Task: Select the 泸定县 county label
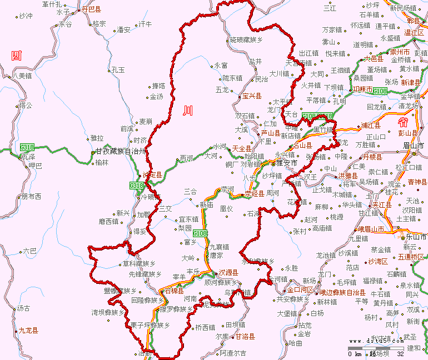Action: (x=152, y=175)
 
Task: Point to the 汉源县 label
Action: (x=228, y=273)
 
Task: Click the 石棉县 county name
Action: (x=174, y=291)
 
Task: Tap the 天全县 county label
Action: (x=242, y=148)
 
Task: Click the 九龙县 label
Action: (x=28, y=331)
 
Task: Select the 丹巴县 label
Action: (x=91, y=9)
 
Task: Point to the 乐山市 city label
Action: (x=416, y=237)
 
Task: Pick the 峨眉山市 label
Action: (x=370, y=229)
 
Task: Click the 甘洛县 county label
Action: (x=244, y=337)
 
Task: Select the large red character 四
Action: (x=17, y=55)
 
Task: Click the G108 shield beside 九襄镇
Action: (x=200, y=234)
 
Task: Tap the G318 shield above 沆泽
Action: (x=27, y=147)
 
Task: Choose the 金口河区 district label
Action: (x=300, y=290)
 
